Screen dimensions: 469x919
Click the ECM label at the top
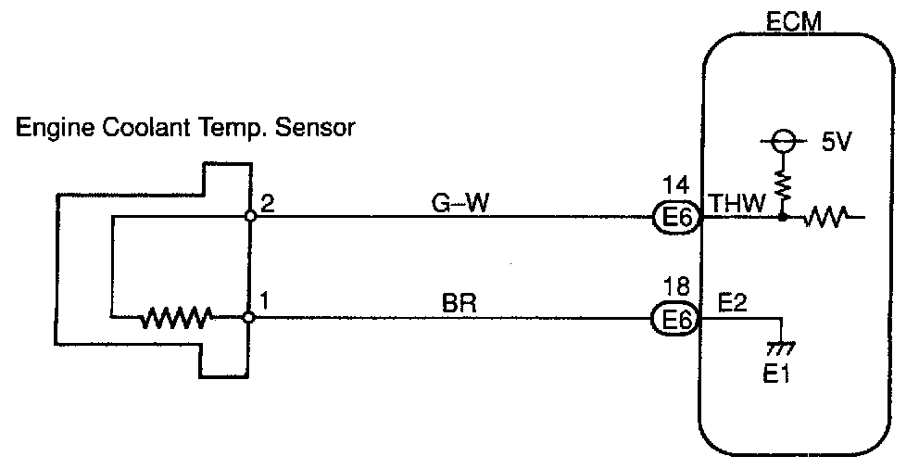[794, 20]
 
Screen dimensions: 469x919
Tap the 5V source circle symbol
[783, 142]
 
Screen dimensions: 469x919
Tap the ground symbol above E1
[783, 349]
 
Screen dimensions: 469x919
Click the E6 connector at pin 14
[676, 218]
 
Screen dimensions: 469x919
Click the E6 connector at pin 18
[676, 318]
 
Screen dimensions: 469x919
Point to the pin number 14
[675, 186]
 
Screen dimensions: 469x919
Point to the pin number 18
[675, 286]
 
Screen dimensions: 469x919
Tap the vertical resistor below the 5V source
[783, 186]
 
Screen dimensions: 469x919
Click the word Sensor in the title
[321, 128]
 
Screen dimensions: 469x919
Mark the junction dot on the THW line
[783, 219]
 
